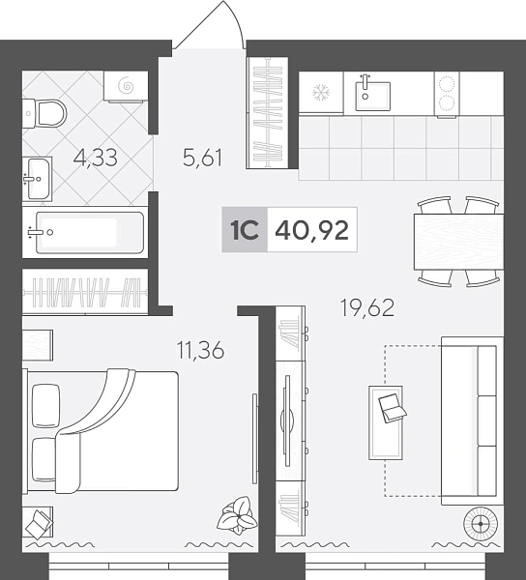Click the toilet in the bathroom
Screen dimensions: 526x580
point(44,113)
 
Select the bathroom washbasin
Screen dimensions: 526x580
point(37,179)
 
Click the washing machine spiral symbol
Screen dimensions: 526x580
point(126,86)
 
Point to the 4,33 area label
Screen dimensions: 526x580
point(96,158)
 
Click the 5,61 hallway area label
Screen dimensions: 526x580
point(203,158)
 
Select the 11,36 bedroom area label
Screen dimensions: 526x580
point(201,350)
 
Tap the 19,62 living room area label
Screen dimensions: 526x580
point(367,307)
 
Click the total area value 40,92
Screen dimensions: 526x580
point(311,230)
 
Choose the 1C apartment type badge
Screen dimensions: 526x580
point(245,230)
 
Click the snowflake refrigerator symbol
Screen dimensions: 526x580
point(321,92)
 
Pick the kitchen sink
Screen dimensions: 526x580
point(373,96)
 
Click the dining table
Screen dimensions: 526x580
point(458,242)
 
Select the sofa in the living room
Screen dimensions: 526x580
point(473,420)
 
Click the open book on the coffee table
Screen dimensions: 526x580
point(393,408)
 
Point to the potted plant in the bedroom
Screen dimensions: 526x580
point(237,515)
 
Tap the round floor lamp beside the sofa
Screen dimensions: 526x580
point(481,524)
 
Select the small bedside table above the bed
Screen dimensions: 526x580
point(38,345)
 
